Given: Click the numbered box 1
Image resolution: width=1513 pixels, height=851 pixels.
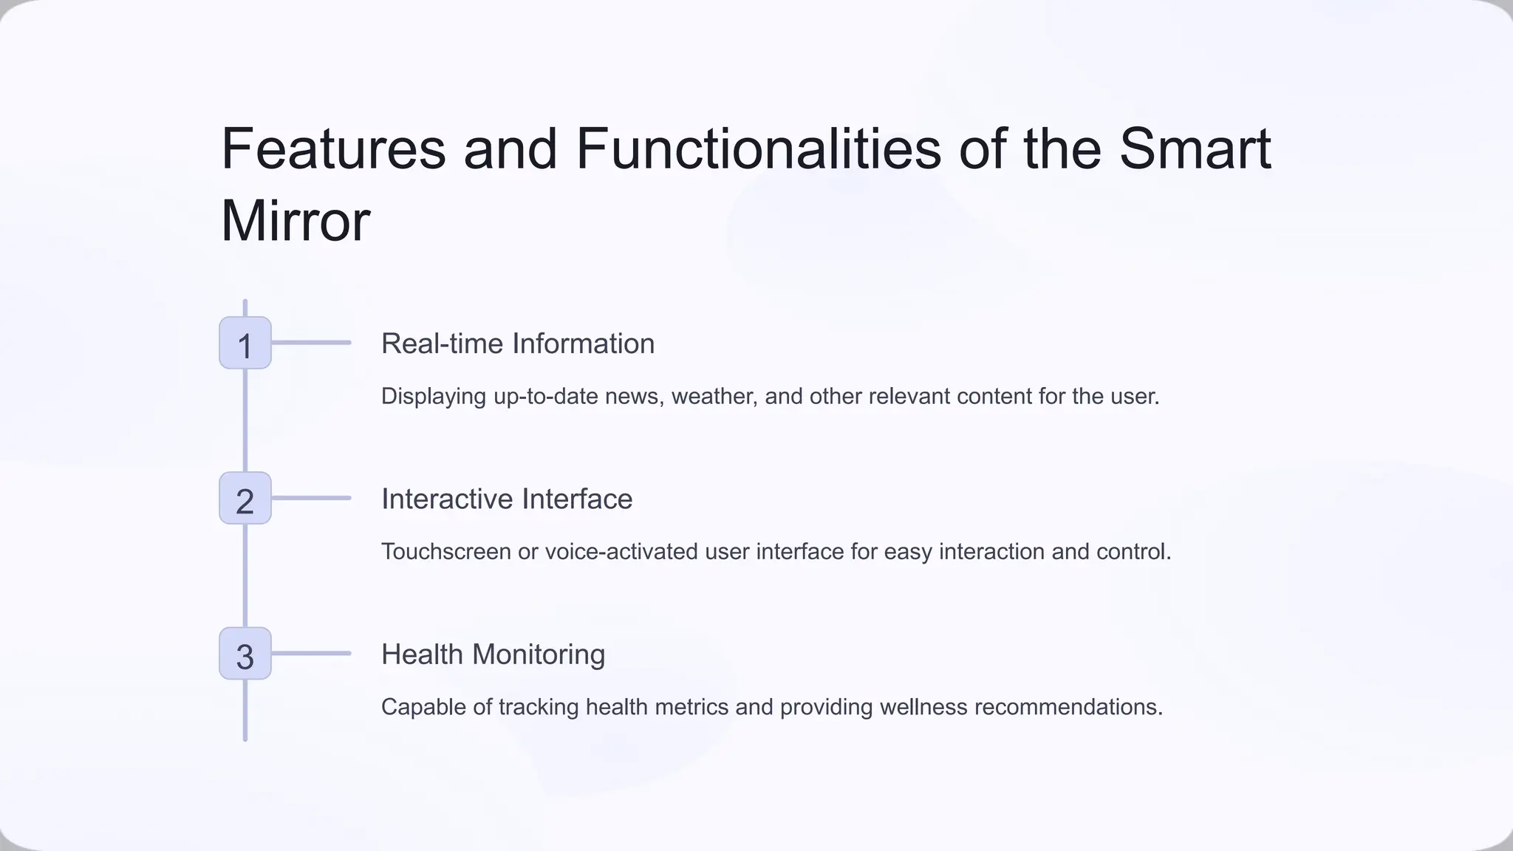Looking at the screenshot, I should click(245, 344).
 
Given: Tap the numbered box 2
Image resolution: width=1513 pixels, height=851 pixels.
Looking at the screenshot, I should click(245, 499).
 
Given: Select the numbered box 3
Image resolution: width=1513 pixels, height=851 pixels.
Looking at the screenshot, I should click(245, 654).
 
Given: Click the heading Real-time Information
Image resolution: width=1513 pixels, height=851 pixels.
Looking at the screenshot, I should click(517, 344).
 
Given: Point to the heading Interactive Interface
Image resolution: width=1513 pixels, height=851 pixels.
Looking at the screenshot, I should click(507, 499).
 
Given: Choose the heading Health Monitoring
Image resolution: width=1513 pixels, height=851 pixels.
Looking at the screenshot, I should click(493, 655).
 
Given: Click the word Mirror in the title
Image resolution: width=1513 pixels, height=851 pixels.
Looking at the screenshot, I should click(296, 221).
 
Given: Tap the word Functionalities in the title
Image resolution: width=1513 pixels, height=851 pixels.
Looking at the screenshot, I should click(758, 148).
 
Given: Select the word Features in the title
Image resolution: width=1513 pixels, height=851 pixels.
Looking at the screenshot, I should click(333, 148).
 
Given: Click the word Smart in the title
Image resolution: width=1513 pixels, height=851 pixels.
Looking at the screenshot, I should click(1195, 148).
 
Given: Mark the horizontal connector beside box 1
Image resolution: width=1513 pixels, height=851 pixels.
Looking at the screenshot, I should click(311, 343).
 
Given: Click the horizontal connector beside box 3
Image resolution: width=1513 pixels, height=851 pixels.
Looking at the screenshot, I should click(311, 653).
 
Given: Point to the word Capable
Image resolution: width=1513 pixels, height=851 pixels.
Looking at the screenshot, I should click(423, 707).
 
